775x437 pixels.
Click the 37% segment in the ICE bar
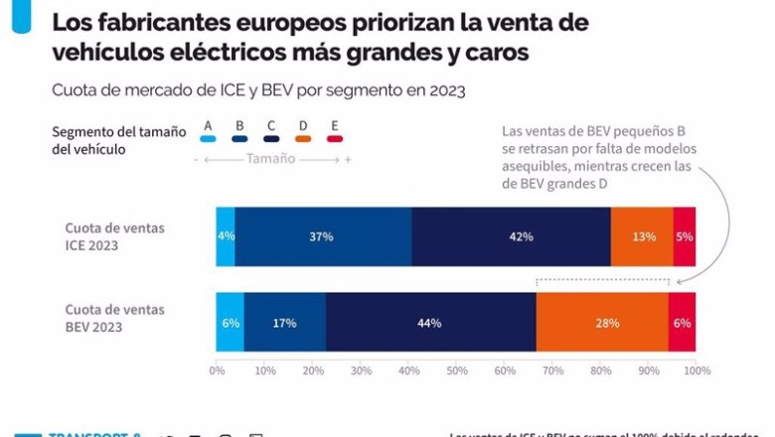[323, 236]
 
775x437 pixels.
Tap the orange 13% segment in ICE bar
[642, 236]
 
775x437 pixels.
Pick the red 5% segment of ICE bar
[684, 236]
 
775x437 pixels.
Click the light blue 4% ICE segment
[226, 236]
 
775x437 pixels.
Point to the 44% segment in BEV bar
[430, 322]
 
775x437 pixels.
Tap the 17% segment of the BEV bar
[284, 322]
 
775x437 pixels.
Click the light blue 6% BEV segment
[230, 322]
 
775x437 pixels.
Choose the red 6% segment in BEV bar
[682, 322]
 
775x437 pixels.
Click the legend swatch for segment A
[208, 139]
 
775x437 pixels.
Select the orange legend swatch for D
[303, 139]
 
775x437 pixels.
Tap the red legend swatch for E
[335, 139]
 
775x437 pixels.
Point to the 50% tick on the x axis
[457, 370]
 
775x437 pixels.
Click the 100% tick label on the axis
[696, 370]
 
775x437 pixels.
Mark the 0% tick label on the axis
[217, 370]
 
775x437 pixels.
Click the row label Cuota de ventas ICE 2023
[115, 236]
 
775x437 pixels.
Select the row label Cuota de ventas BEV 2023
[115, 318]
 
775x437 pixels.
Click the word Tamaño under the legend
[270, 159]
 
